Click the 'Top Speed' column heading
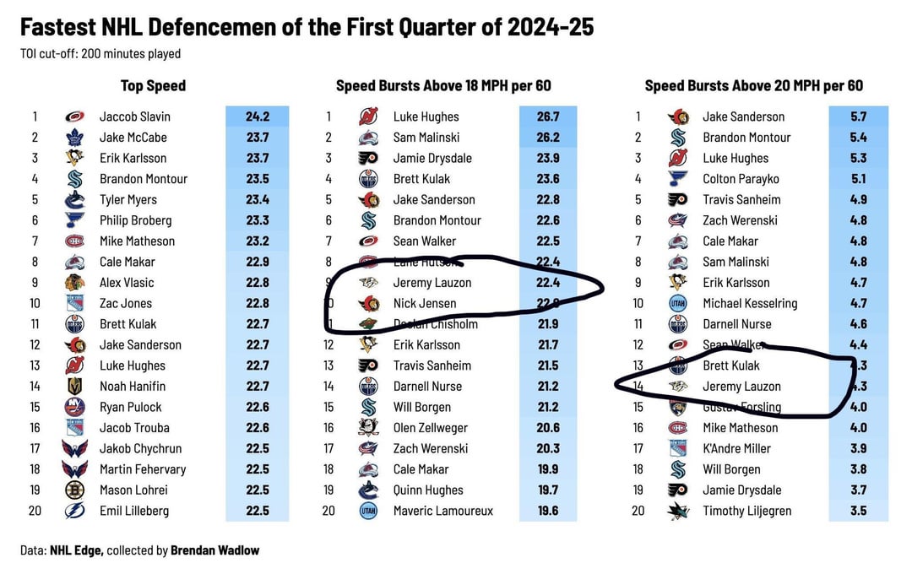point(153,85)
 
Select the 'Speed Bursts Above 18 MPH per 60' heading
point(443,85)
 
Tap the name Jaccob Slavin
point(134,116)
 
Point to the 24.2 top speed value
point(257,116)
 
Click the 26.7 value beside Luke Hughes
point(547,116)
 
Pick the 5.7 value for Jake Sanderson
point(858,116)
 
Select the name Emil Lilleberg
point(134,511)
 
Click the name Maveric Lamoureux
point(443,511)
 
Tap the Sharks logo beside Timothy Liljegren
point(677,511)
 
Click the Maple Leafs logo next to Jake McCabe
point(74,138)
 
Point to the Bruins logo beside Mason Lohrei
point(74,490)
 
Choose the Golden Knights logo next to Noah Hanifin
point(74,386)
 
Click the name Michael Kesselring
point(750,303)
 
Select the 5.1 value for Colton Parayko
point(858,179)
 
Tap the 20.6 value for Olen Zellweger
point(547,428)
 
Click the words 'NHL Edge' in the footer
point(76,550)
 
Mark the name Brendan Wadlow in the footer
point(214,550)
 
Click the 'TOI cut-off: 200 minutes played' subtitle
point(100,54)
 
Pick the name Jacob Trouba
point(134,428)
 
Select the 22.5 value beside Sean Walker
point(547,241)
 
